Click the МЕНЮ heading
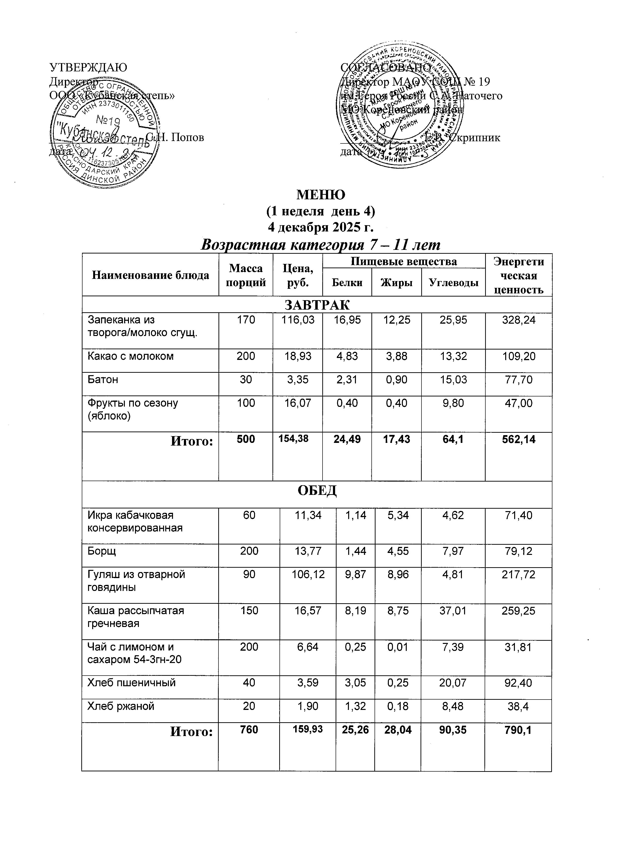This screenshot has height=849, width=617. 321,195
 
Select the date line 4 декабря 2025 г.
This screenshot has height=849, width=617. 321,227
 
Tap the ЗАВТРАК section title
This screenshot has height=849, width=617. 317,305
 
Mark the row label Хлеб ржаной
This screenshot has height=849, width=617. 120,706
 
